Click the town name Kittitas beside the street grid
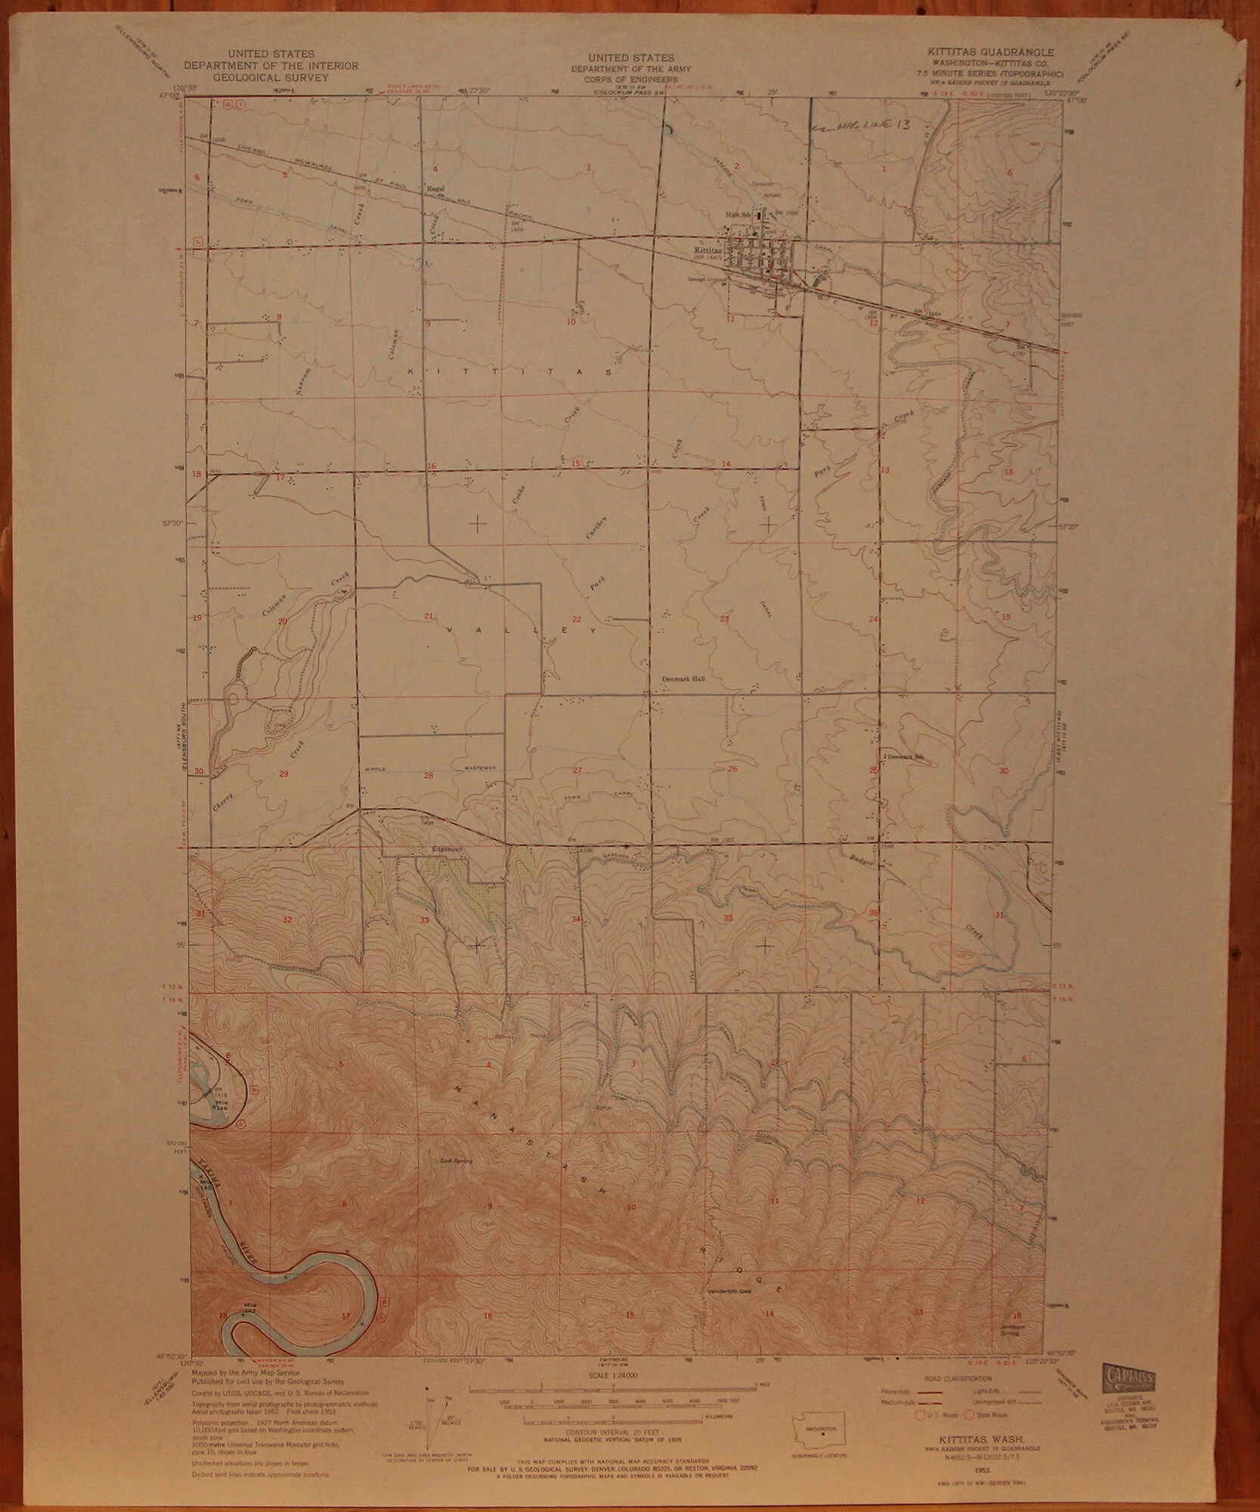point(708,247)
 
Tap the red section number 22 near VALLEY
point(576,619)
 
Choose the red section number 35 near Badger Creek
point(728,918)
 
